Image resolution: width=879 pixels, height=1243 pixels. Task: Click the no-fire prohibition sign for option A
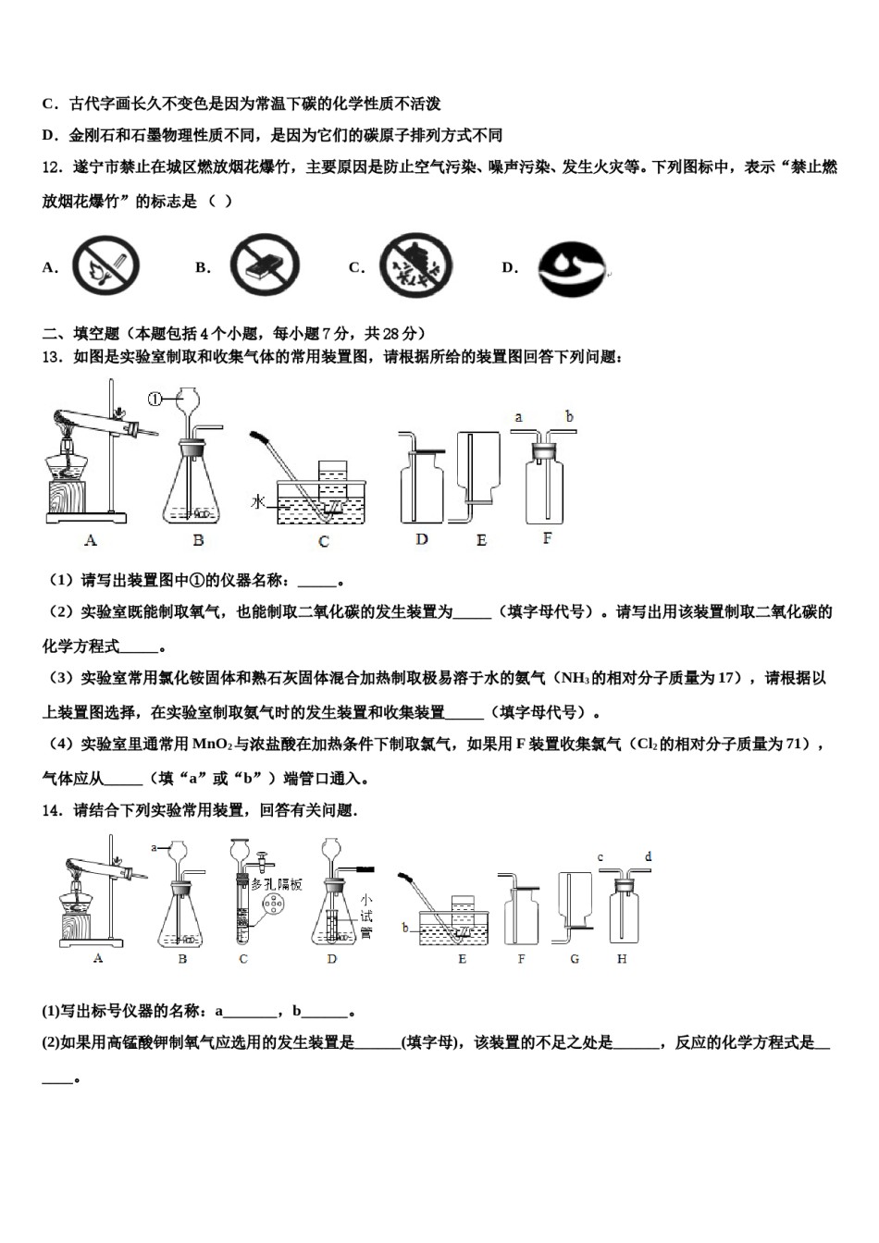coord(106,266)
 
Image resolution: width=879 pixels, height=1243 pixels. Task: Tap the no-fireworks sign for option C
coord(416,266)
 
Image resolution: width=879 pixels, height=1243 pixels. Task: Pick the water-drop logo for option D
coord(571,269)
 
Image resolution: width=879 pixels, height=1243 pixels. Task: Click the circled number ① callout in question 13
coord(155,399)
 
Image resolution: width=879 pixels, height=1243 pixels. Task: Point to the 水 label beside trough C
coord(258,501)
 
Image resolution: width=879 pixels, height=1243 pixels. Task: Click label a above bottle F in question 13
coord(518,417)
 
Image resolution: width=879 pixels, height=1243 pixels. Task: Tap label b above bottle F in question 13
coord(569,417)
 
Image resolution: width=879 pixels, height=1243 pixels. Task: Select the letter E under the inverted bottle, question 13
coord(481,540)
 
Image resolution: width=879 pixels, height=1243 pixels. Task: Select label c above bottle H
coord(600,857)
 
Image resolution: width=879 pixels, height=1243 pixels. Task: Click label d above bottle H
coord(648,857)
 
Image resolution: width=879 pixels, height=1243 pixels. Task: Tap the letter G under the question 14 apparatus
coord(575,959)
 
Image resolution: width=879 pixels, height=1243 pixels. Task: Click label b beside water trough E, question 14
coord(405,927)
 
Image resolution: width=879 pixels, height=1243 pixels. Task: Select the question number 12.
coord(52,167)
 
